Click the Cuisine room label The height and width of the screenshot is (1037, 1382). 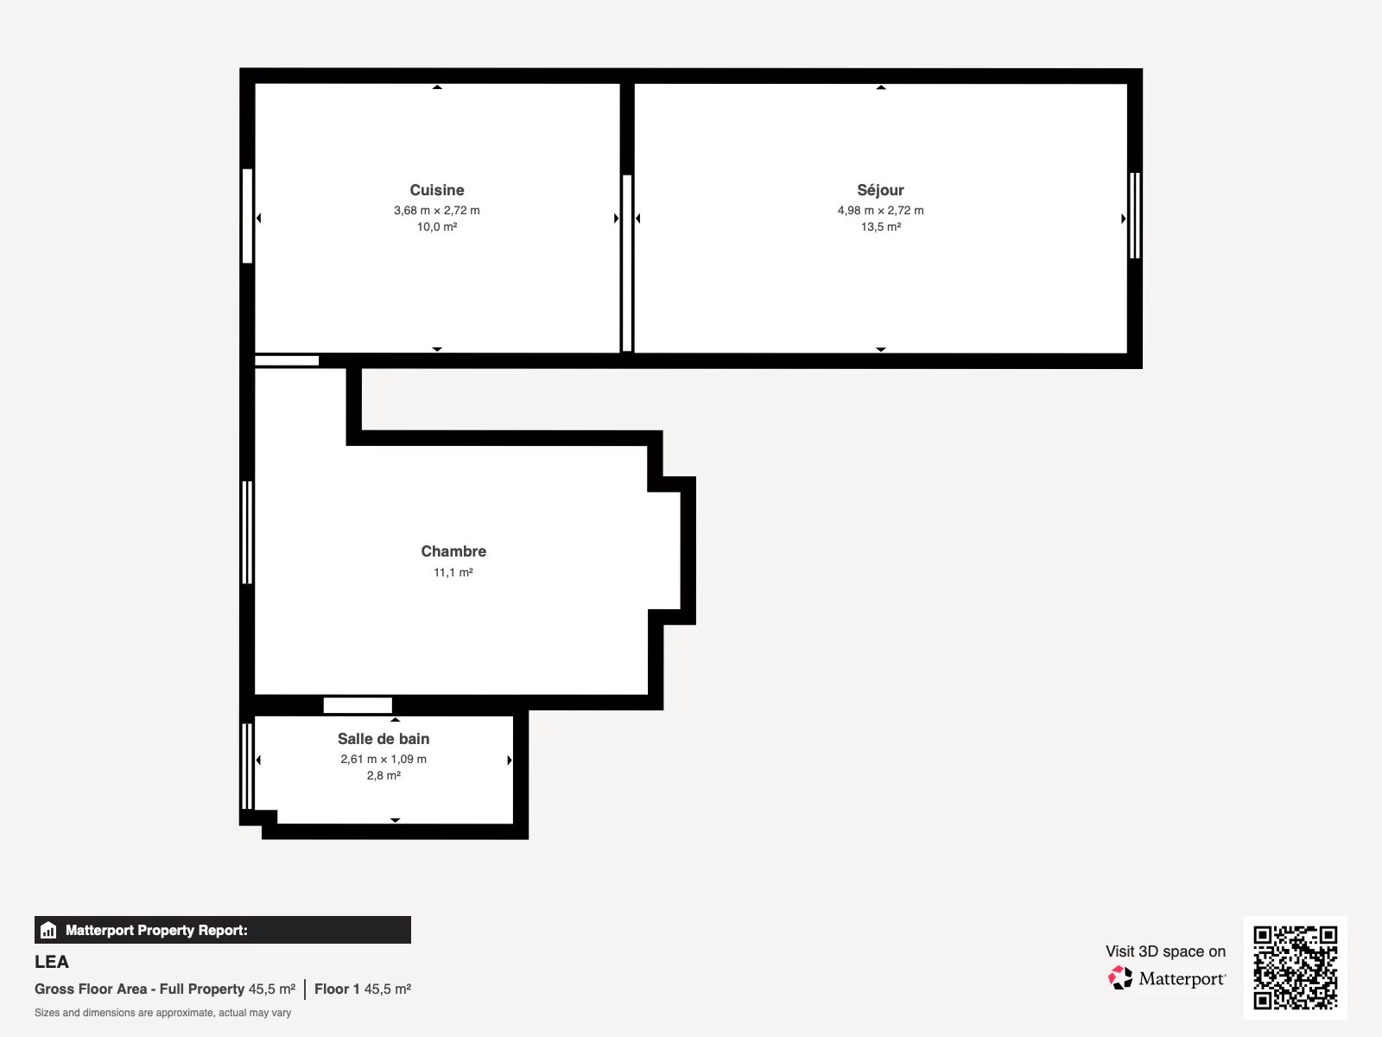click(x=436, y=189)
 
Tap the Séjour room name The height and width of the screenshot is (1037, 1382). click(x=880, y=189)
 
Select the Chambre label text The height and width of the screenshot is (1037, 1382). click(x=453, y=551)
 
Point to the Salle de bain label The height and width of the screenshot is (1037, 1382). click(x=384, y=739)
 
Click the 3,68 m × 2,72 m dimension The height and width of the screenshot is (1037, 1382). click(x=436, y=210)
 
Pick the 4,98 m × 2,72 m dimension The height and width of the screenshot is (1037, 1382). click(x=880, y=210)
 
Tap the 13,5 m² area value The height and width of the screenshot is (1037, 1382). click(x=881, y=226)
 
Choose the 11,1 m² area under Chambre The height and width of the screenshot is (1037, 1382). click(x=453, y=572)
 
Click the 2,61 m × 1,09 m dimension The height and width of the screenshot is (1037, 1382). click(x=384, y=760)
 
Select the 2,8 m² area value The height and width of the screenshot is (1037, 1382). click(x=384, y=776)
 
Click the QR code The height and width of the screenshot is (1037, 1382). click(x=1295, y=968)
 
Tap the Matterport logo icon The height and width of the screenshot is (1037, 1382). click(x=1120, y=978)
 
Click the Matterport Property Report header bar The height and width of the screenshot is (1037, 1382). click(x=222, y=930)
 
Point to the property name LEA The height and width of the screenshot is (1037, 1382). click(x=52, y=962)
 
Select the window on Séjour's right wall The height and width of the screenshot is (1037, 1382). click(x=1135, y=215)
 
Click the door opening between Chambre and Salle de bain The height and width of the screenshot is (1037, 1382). click(x=358, y=705)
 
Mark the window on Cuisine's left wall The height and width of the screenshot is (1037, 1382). click(x=247, y=216)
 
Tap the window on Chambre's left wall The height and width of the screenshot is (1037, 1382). click(x=247, y=532)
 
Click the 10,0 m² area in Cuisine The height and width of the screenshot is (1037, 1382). click(x=436, y=226)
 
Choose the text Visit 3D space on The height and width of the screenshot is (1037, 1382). click(x=1165, y=951)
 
